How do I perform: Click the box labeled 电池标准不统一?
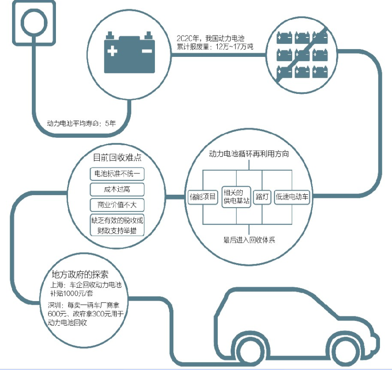click(x=117, y=174)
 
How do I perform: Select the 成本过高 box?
click(x=117, y=189)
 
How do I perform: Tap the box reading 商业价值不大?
click(x=117, y=204)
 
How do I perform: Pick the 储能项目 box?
click(x=202, y=197)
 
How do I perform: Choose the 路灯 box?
click(x=262, y=197)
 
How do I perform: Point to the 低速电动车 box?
click(x=293, y=197)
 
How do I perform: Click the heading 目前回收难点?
click(x=117, y=157)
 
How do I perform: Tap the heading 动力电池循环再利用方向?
click(x=249, y=154)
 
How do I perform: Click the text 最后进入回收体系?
click(x=249, y=240)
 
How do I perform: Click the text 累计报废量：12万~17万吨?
click(x=215, y=47)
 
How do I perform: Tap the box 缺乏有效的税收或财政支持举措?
click(x=117, y=225)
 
